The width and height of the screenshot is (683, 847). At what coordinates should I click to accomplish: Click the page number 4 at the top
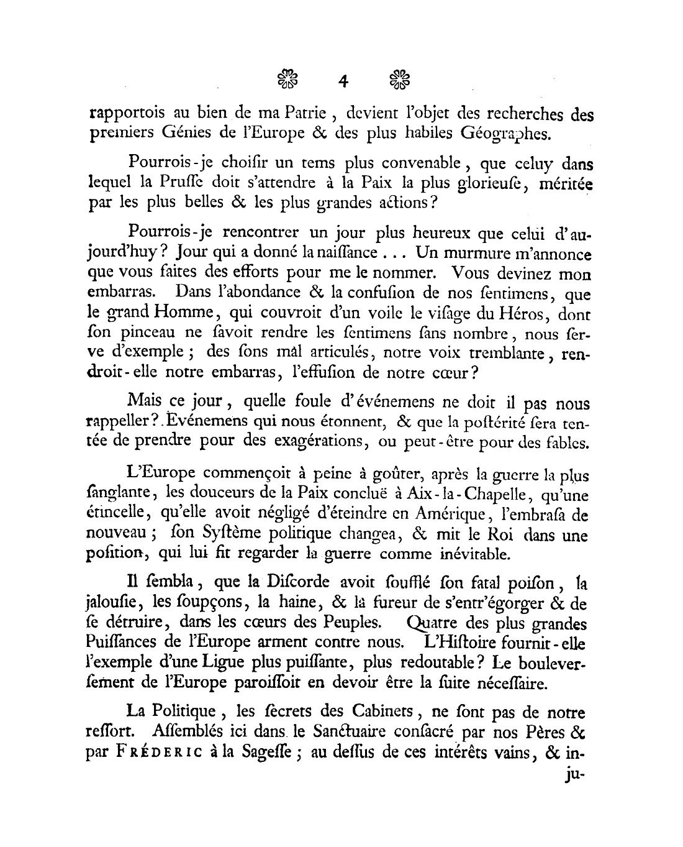click(x=342, y=81)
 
